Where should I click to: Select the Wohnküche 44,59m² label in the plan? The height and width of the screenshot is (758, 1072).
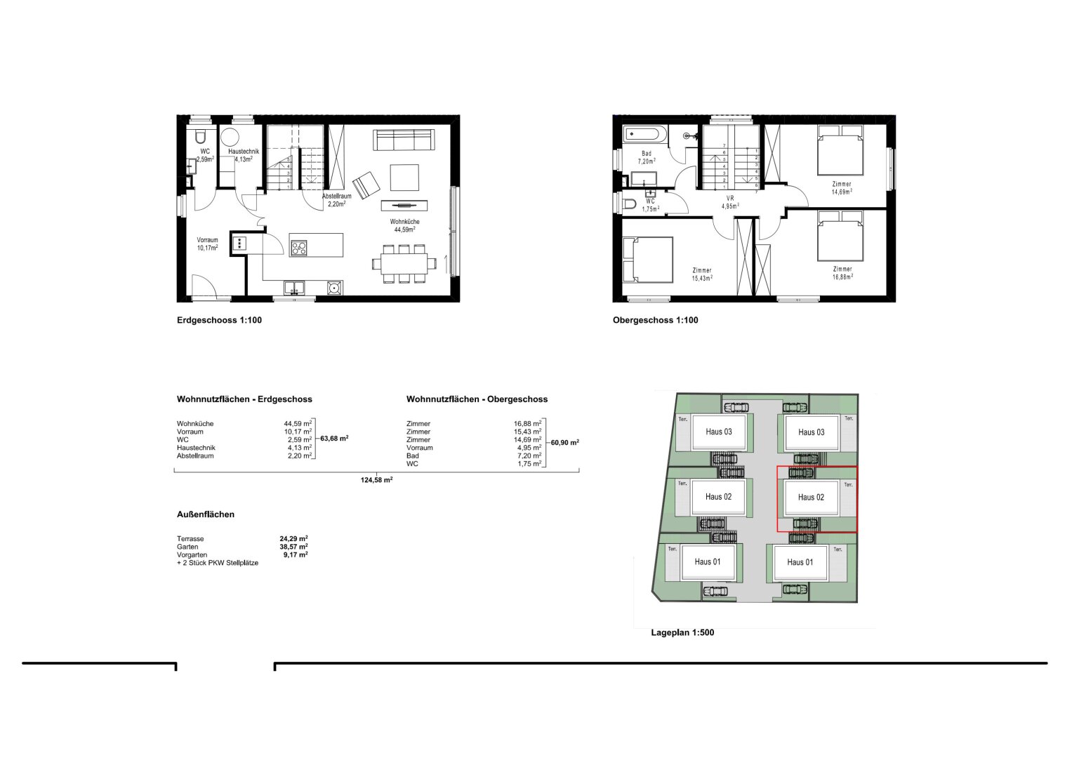coord(404,225)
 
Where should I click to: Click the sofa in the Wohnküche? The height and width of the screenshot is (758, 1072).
coord(404,140)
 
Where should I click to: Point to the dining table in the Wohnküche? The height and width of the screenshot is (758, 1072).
coord(404,264)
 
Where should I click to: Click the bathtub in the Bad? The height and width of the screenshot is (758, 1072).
coord(644,133)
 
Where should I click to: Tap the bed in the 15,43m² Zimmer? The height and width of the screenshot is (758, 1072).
coord(647,260)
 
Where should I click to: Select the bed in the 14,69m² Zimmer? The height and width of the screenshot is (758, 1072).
coord(840,150)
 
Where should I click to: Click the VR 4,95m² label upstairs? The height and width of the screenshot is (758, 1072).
coord(730,202)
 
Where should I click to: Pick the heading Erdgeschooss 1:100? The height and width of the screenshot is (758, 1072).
coord(219,320)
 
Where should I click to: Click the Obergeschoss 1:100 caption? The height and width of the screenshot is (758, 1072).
coord(655,320)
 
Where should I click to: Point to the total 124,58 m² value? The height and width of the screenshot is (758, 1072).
coord(376,480)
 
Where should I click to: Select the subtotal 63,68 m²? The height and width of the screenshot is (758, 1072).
coord(334,439)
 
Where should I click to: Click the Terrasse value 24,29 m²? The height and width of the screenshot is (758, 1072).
coord(293,538)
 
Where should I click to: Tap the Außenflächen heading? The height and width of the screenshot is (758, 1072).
coord(206,514)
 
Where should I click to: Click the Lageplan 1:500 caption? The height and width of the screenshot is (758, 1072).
coord(682,632)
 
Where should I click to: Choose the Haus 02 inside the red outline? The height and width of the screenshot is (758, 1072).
coord(811,497)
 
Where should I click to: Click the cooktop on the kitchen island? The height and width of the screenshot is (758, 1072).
coord(298,248)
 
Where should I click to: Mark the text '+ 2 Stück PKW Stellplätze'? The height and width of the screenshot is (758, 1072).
coord(218,563)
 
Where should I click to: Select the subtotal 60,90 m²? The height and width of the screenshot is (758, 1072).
coord(564,443)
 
